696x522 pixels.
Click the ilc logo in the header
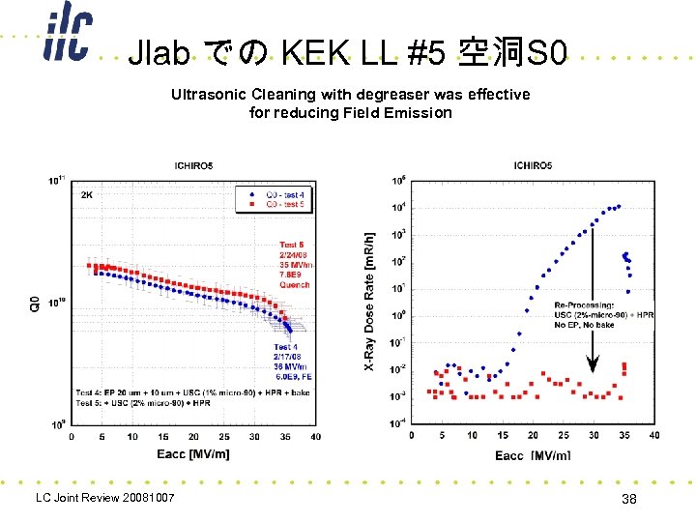[x=67, y=38]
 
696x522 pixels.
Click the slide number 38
[x=629, y=499]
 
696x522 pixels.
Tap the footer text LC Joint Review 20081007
[x=104, y=498]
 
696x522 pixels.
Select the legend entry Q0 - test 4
[x=286, y=195]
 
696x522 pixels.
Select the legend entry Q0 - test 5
[x=286, y=205]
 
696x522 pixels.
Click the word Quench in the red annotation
[x=294, y=285]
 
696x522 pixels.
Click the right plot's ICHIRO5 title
[x=534, y=166]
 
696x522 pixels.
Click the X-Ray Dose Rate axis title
[x=368, y=300]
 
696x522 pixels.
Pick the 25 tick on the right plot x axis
[x=564, y=435]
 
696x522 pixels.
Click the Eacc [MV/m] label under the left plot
[x=194, y=452]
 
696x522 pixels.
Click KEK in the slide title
[x=314, y=52]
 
